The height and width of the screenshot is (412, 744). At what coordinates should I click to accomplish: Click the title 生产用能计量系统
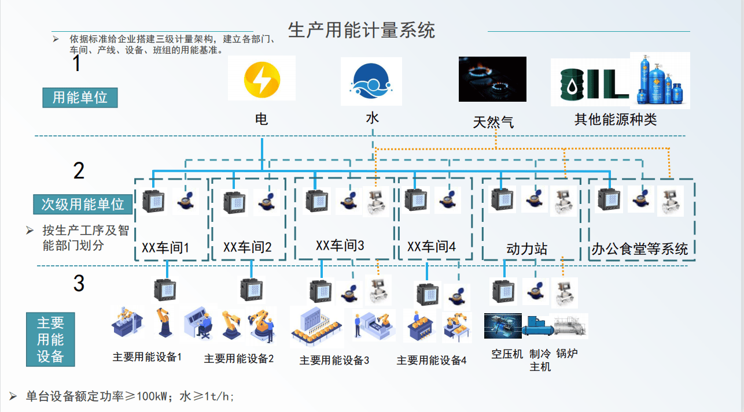(x=362, y=30)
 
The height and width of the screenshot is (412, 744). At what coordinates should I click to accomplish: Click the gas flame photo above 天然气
(x=492, y=79)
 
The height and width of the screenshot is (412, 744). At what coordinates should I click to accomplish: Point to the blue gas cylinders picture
(x=660, y=80)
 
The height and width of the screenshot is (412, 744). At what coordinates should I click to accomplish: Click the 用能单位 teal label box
(x=80, y=97)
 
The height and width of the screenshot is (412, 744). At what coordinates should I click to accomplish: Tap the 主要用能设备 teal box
(x=50, y=340)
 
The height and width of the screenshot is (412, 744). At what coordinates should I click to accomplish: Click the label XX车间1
(x=165, y=248)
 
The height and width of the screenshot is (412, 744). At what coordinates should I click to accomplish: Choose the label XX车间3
(x=340, y=245)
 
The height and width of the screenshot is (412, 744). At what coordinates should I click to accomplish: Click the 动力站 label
(x=526, y=249)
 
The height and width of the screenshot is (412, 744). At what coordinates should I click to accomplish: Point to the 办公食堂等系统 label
(x=640, y=249)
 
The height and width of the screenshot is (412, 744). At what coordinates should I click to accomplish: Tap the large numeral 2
(x=79, y=170)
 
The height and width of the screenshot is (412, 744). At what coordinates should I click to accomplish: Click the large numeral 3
(x=79, y=283)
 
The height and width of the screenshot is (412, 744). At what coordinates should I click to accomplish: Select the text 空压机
(x=507, y=354)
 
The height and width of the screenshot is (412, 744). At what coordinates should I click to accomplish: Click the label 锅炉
(x=567, y=354)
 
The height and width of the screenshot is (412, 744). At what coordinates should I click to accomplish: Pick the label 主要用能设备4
(x=431, y=361)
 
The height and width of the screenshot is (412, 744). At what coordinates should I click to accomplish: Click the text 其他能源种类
(x=616, y=120)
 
